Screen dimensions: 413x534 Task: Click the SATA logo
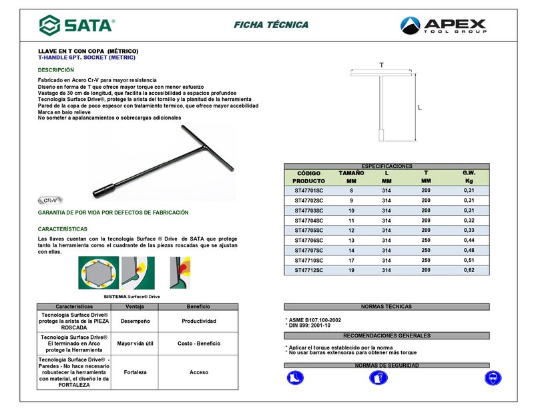(x=77, y=25)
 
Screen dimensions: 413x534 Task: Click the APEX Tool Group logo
(x=443, y=26)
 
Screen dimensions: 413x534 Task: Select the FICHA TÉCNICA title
(x=271, y=25)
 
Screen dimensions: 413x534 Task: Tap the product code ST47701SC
(x=308, y=190)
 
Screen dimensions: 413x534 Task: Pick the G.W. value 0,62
(x=469, y=270)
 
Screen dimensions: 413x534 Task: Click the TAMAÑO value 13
(x=351, y=240)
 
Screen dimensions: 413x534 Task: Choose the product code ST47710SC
(x=308, y=260)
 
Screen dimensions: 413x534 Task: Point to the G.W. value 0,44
(x=469, y=240)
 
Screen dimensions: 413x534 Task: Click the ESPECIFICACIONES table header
(x=386, y=166)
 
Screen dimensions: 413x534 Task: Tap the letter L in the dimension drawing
(x=419, y=107)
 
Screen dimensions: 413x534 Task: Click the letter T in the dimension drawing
(x=381, y=65)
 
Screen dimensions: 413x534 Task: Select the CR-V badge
(x=50, y=200)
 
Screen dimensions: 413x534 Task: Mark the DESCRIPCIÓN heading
(x=56, y=70)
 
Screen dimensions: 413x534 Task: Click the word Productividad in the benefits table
(x=199, y=321)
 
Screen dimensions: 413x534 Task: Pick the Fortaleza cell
(x=136, y=372)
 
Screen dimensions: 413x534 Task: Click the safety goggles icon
(x=493, y=378)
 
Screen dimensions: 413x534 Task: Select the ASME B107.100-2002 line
(x=314, y=320)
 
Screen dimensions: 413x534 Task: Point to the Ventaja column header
(x=136, y=306)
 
